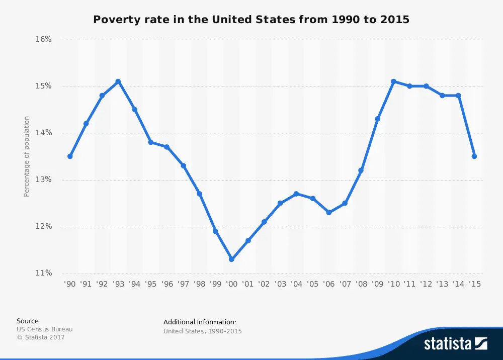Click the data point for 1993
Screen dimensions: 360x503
pos(118,81)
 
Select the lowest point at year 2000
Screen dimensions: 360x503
pos(231,259)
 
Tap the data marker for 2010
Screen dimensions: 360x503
pos(393,81)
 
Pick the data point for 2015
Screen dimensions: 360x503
pos(474,156)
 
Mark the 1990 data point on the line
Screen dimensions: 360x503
pos(70,156)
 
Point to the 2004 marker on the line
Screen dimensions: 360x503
pos(296,194)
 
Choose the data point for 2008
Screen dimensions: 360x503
pos(361,170)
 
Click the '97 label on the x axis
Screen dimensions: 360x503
pos(183,284)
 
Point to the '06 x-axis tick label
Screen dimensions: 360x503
pos(329,284)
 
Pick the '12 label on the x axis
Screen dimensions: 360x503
pos(426,284)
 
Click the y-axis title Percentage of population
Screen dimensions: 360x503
pos(27,156)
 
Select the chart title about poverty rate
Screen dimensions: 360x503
pos(251,20)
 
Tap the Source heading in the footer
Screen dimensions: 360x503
pos(27,321)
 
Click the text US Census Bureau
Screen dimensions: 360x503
pos(44,329)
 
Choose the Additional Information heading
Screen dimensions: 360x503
pos(200,322)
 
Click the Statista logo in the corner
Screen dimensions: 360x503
pos(455,343)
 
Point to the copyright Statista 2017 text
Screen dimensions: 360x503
pos(41,337)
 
